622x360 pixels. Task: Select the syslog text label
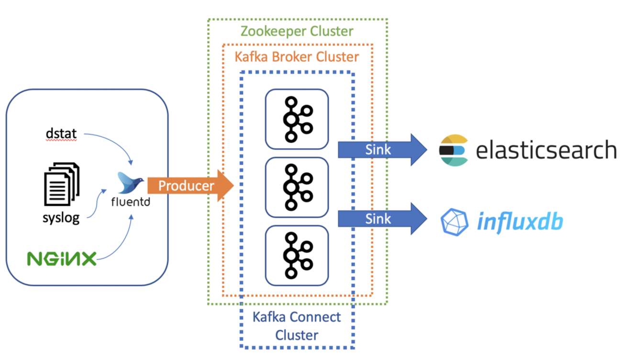(61, 218)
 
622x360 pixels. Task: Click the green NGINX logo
(62, 259)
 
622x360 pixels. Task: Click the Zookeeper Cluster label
(297, 32)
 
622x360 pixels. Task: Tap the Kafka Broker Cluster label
(297, 57)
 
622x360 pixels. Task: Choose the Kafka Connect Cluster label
(297, 326)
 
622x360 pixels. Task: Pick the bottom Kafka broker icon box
(297, 255)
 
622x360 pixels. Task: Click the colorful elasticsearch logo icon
(453, 150)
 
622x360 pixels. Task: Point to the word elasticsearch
(546, 150)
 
